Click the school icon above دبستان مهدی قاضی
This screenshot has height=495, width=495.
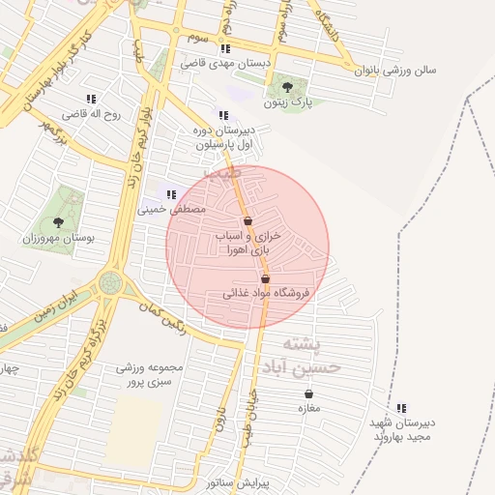tap(225, 48)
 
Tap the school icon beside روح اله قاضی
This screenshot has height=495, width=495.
tap(91, 99)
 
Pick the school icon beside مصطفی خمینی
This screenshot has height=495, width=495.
tap(171, 194)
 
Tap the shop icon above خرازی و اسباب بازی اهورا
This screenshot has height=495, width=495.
tap(248, 221)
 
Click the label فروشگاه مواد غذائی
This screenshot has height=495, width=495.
tap(265, 292)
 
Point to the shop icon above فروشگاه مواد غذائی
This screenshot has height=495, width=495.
tap(266, 278)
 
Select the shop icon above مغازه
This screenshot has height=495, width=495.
tap(308, 394)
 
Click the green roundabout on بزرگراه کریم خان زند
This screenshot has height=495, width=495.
tap(109, 284)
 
